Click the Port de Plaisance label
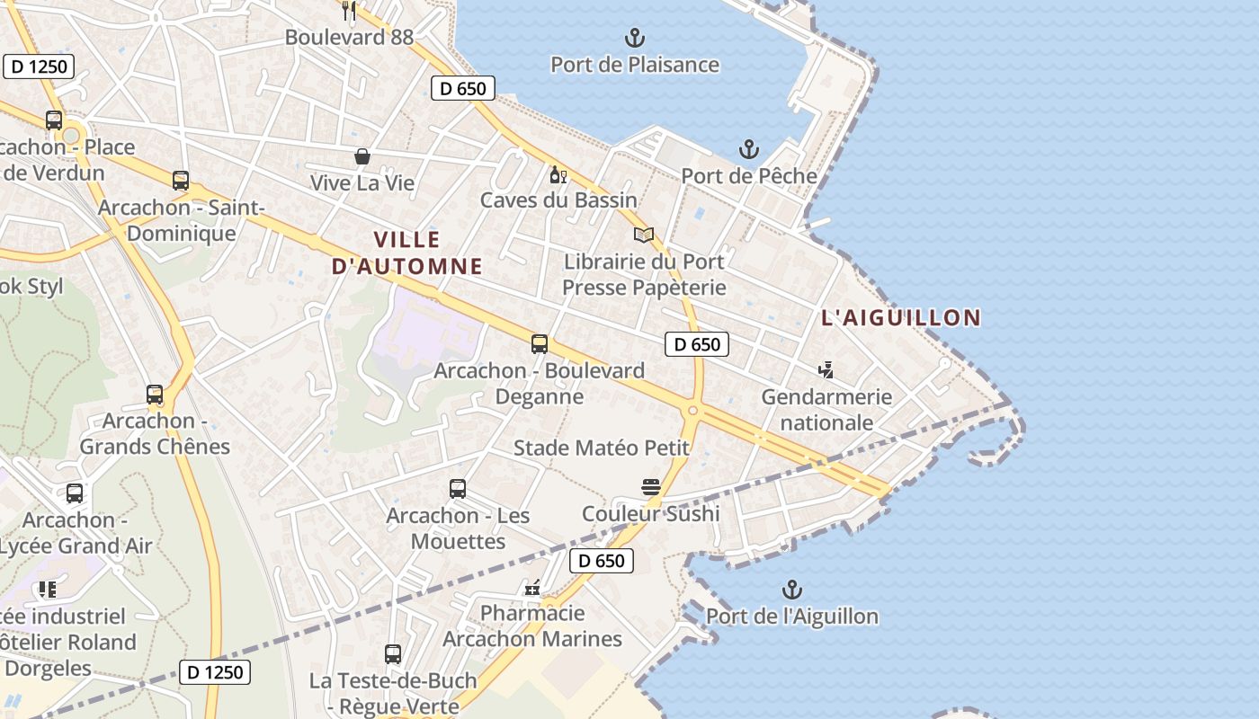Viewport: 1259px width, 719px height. [x=635, y=65]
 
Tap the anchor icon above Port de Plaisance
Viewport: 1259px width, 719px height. [x=635, y=38]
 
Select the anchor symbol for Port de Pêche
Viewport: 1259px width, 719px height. [x=748, y=149]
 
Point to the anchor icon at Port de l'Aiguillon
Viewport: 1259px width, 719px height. [x=791, y=590]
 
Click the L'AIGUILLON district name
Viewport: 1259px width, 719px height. [x=900, y=317]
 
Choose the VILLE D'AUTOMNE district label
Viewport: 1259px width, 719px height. [x=407, y=253]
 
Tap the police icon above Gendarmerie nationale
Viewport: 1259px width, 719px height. [x=826, y=370]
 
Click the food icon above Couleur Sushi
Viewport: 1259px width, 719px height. [x=651, y=487]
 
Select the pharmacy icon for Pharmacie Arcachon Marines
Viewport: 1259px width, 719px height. [x=532, y=588]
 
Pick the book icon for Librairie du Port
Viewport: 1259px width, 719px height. [x=643, y=235]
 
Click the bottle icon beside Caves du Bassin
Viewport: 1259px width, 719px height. [x=558, y=174]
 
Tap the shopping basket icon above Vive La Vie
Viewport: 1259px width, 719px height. [x=362, y=157]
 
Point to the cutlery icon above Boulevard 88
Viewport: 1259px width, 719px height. [x=350, y=11]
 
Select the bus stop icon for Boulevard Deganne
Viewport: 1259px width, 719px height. [x=540, y=343]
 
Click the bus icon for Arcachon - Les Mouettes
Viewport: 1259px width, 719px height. [x=458, y=489]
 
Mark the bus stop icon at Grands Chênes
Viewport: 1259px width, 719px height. [x=155, y=395]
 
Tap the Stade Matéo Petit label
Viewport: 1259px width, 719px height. [x=601, y=448]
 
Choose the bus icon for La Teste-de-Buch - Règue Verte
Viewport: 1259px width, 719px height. [x=393, y=654]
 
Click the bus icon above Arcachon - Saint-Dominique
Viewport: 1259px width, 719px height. [x=181, y=181]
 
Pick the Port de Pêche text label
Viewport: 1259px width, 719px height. [x=748, y=176]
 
